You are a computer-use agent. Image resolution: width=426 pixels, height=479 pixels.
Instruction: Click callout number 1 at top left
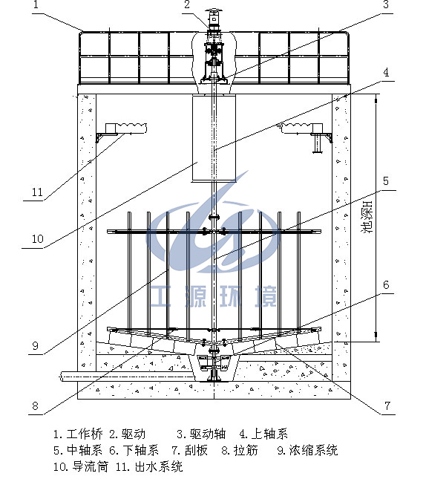36,5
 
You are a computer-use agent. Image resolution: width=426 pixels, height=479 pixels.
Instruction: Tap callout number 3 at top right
386,5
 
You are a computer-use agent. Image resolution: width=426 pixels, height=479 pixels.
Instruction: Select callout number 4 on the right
386,73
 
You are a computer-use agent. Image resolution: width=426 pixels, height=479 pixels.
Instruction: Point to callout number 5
386,181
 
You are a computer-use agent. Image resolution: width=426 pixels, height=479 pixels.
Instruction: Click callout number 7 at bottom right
387,406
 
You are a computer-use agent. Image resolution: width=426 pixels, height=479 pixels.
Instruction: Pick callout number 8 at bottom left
36,406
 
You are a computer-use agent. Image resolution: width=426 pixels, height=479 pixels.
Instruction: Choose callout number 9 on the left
36,346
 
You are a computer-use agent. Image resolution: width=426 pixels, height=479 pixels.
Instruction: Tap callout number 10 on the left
38,239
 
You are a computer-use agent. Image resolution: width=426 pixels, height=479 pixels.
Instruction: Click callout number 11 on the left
37,192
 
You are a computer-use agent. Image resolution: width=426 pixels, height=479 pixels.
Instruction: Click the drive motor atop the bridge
214,19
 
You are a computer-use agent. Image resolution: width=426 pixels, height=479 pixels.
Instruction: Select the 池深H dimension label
367,217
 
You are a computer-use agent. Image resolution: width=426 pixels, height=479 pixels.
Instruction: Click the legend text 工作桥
85,434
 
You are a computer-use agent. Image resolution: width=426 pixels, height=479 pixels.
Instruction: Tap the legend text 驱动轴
208,434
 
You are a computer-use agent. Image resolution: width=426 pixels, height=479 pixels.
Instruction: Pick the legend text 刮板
196,450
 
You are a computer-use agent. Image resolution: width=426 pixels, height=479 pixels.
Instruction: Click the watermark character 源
196,296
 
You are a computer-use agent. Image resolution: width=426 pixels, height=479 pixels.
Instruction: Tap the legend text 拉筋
246,450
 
